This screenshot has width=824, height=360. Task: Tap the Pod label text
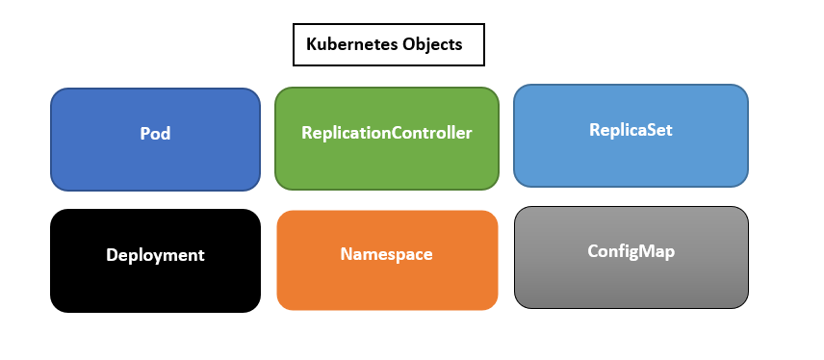(155, 134)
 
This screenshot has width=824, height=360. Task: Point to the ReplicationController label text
(386, 133)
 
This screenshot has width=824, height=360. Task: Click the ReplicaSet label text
(631, 129)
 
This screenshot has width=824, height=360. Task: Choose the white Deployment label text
(155, 255)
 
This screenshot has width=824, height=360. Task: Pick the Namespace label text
(386, 255)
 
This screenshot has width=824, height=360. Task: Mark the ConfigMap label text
(631, 251)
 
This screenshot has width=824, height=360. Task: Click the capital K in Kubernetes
(311, 44)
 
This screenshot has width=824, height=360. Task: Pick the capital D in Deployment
(112, 255)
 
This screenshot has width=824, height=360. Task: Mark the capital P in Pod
(144, 134)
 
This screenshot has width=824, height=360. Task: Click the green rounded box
(386, 164)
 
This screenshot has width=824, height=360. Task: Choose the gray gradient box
(631, 284)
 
